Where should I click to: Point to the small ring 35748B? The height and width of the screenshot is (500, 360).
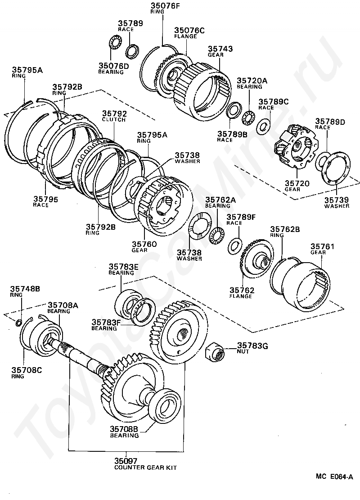(x=18, y=322)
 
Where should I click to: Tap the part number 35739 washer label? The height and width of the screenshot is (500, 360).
(x=336, y=200)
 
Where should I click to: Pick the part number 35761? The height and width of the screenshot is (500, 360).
(x=319, y=246)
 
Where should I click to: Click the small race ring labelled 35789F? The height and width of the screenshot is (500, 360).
(x=234, y=245)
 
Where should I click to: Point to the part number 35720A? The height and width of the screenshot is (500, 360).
(x=252, y=81)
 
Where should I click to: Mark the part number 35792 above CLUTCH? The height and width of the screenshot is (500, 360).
(x=114, y=114)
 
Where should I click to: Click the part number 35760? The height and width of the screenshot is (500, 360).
(x=144, y=244)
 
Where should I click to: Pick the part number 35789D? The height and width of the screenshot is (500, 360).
(x=330, y=121)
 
